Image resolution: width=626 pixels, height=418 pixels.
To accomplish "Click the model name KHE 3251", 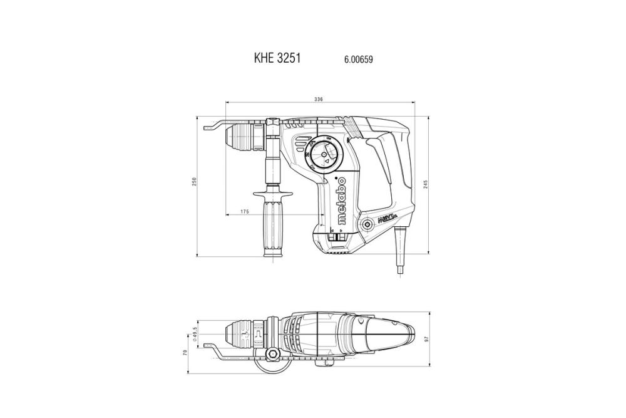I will [x=277, y=58].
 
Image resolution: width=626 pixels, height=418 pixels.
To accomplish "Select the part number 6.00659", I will [x=359, y=60].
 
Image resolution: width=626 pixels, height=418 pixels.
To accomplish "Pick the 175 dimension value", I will [x=244, y=212].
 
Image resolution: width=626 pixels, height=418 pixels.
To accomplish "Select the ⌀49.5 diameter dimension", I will [x=196, y=333].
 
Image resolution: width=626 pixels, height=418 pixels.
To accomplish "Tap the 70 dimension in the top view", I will [x=185, y=353].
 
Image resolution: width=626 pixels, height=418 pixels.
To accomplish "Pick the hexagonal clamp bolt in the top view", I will [x=274, y=357].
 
